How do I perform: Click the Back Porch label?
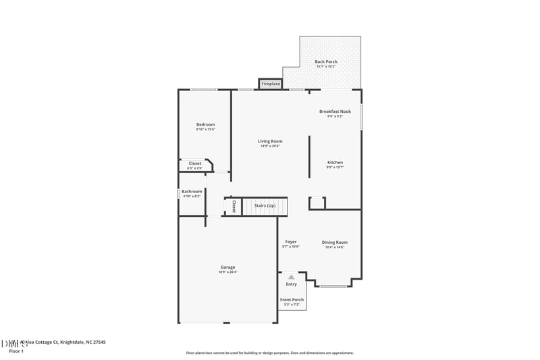[326, 62]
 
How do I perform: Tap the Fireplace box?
[271, 84]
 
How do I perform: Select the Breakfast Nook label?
[335, 111]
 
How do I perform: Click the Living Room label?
[270, 141]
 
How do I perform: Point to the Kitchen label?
[335, 163]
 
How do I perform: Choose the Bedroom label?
[205, 124]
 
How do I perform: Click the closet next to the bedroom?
[194, 163]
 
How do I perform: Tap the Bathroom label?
[192, 192]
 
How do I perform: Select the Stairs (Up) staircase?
[265, 206]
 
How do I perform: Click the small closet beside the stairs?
[233, 206]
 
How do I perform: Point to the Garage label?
[227, 267]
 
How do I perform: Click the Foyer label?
[290, 242]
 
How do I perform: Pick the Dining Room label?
[334, 242]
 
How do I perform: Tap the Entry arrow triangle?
[291, 276]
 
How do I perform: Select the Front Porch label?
[292, 300]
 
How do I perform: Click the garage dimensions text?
[227, 272]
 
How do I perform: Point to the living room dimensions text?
[270, 146]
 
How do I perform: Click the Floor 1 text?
[16, 351]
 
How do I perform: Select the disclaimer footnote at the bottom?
[269, 353]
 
